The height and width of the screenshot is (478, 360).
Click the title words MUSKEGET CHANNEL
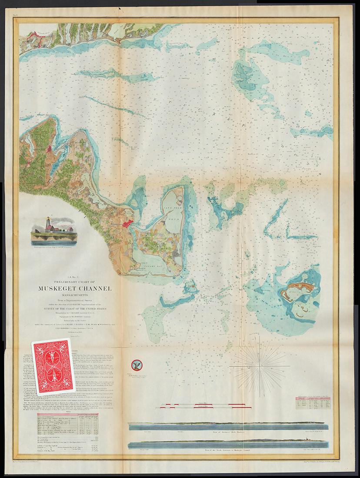tap(75, 289)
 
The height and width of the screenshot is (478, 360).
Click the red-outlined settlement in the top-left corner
tap(35, 40)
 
